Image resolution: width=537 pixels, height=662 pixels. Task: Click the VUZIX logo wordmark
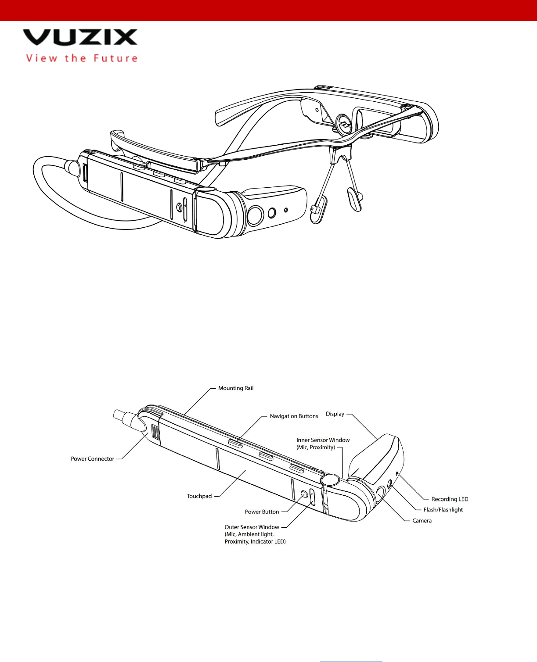80,37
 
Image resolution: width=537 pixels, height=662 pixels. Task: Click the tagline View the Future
82,58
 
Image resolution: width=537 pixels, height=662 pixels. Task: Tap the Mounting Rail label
236,388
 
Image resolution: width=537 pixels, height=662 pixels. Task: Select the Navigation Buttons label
294,416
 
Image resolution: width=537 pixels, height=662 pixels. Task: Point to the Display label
335,414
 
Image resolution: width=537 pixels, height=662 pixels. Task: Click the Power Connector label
92,459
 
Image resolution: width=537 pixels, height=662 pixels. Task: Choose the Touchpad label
199,496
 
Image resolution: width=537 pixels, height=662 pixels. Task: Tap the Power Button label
262,512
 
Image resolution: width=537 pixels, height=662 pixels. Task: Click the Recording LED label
450,499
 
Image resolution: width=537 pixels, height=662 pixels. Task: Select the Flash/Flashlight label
443,510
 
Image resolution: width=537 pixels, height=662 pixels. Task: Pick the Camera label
422,521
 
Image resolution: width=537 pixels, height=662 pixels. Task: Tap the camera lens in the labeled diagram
380,496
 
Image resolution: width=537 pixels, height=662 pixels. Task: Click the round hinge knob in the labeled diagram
330,480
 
